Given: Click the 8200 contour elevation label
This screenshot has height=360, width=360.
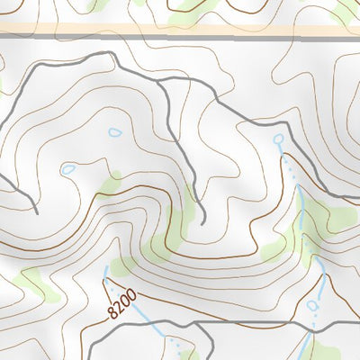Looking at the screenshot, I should pos(121,302).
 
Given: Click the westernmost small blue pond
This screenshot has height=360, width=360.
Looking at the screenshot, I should pos(68,168).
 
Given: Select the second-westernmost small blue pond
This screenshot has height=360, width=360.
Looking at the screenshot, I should pos(114,132).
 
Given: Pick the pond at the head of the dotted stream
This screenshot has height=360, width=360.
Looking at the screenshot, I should pos(278,139).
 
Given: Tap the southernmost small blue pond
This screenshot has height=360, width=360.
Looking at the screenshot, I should pos(312,305).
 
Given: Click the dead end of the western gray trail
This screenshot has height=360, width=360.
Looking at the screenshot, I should pos(36,212).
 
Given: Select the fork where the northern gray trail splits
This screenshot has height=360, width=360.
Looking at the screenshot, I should pos(160,82).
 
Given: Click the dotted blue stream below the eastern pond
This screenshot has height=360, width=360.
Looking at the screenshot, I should pos(292,171).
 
